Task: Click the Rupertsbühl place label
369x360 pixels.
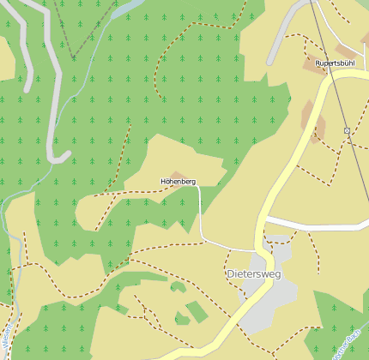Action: click(335, 63)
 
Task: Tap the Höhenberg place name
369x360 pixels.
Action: click(178, 182)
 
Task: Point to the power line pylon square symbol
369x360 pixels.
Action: click(347, 130)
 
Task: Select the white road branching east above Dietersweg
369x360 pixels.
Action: click(318, 222)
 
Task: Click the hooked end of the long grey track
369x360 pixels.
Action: click(60, 157)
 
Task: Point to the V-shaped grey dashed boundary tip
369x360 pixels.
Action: click(73, 57)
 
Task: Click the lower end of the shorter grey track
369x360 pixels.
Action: click(27, 86)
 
